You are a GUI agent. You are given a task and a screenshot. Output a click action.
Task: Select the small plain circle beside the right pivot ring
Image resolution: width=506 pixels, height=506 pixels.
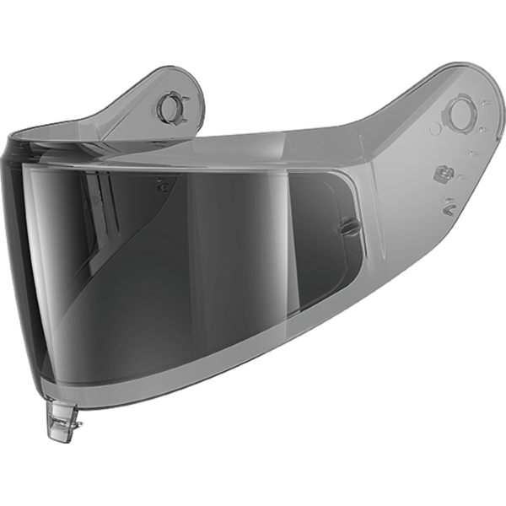coord(435,130)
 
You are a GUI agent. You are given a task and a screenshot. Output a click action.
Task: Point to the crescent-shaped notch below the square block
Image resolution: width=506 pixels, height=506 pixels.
coord(449,203)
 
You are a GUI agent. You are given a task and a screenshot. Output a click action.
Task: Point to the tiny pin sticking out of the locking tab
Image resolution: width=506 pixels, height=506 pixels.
coord(78,437)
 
